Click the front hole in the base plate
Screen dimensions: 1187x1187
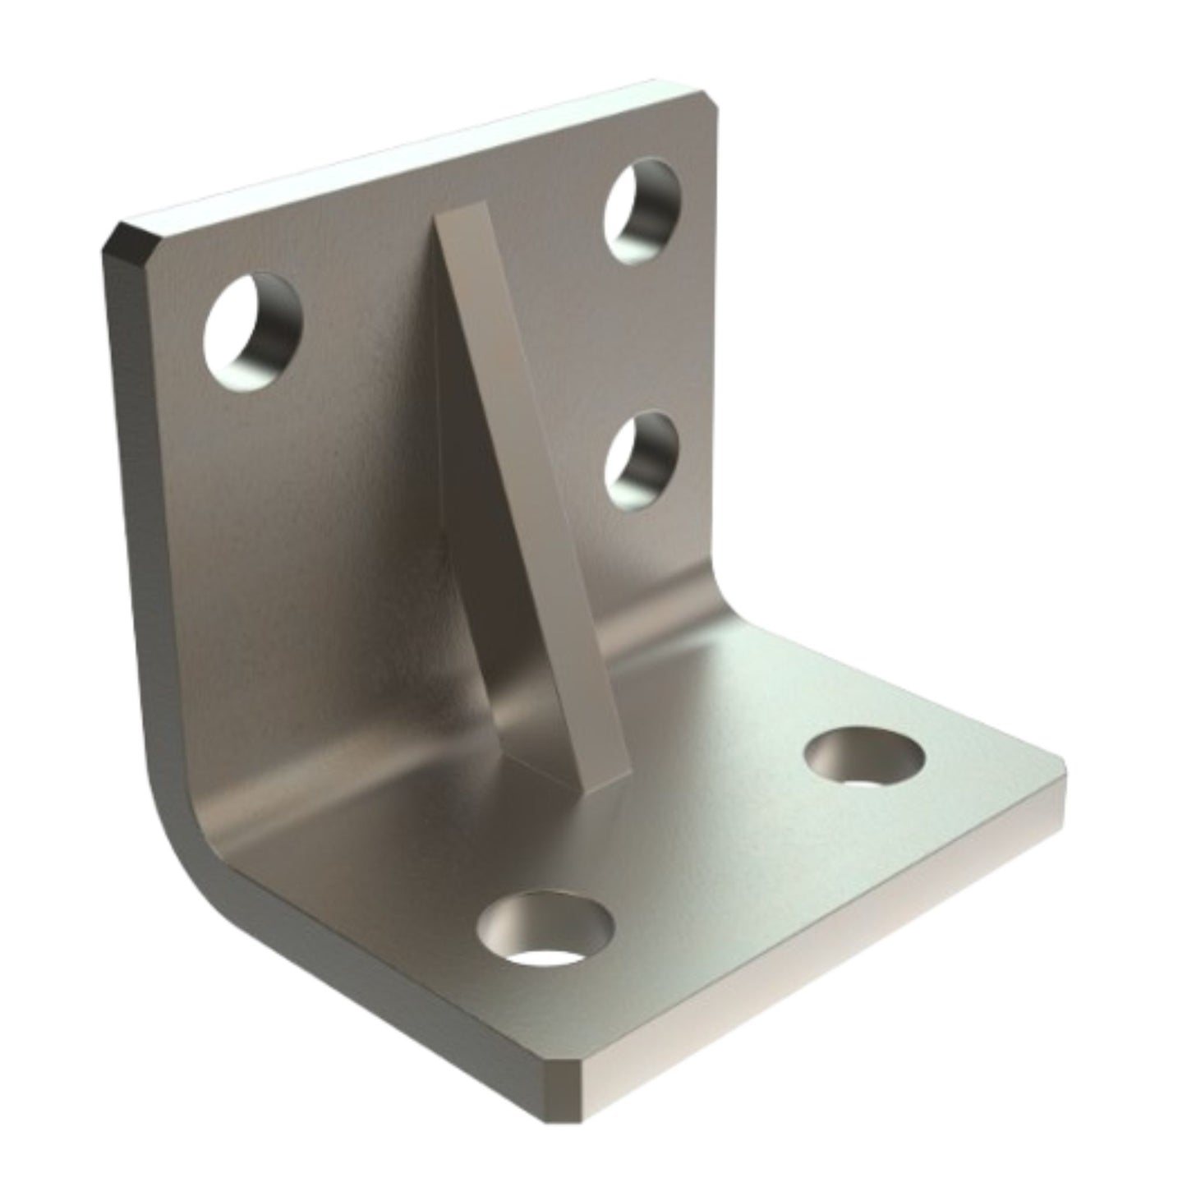tap(545, 928)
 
